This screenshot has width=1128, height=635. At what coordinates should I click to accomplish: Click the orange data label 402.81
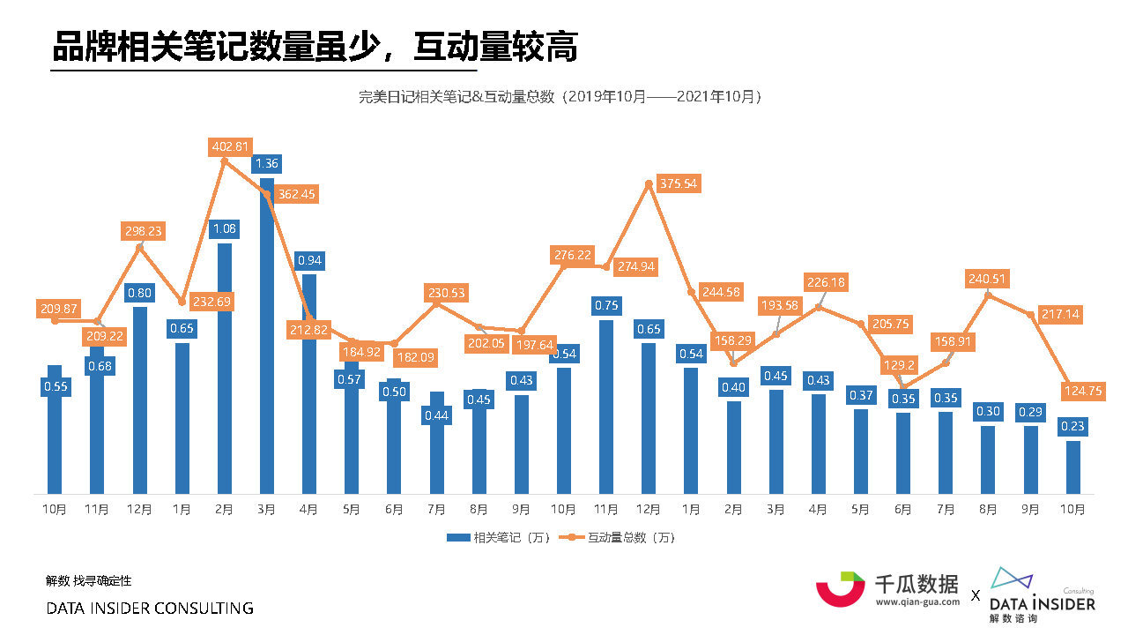click(x=231, y=146)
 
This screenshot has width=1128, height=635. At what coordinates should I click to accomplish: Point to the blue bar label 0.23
click(x=1072, y=427)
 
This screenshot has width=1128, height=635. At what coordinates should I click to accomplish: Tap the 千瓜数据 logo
click(x=887, y=588)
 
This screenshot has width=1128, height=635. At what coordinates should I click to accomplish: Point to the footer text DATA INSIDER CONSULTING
click(x=150, y=609)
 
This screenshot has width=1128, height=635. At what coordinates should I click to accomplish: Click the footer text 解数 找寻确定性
click(x=88, y=580)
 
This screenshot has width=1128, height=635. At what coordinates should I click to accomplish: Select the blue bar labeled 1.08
click(x=224, y=370)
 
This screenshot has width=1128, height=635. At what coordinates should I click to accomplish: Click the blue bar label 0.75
click(x=606, y=305)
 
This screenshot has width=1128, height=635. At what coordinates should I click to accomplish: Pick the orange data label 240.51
click(x=988, y=279)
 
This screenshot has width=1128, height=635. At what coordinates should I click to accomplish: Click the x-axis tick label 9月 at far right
click(x=1030, y=509)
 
